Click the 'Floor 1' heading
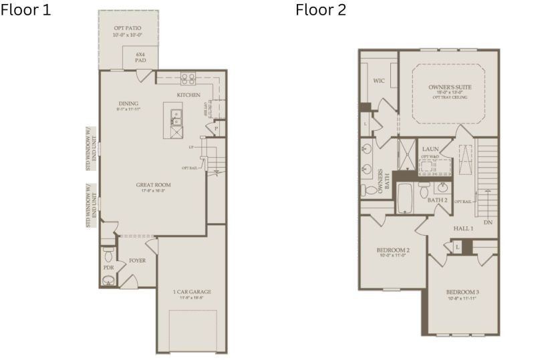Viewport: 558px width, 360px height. (x=25, y=10)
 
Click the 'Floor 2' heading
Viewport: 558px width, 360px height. (x=321, y=10)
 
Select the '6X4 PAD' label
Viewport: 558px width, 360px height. (x=140, y=56)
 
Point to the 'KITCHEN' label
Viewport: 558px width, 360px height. (x=188, y=95)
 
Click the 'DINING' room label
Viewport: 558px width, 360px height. (x=128, y=104)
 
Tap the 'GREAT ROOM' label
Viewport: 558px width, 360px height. (x=154, y=185)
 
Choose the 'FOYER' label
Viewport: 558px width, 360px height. (x=137, y=260)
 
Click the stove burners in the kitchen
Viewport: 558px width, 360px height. (x=188, y=78)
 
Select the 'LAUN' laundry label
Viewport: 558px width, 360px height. (x=430, y=149)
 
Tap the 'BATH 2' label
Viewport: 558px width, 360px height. (x=437, y=200)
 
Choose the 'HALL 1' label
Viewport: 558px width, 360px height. (x=463, y=228)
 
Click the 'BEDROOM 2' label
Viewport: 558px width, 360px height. (x=393, y=250)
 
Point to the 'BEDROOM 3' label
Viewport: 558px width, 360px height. (x=462, y=292)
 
